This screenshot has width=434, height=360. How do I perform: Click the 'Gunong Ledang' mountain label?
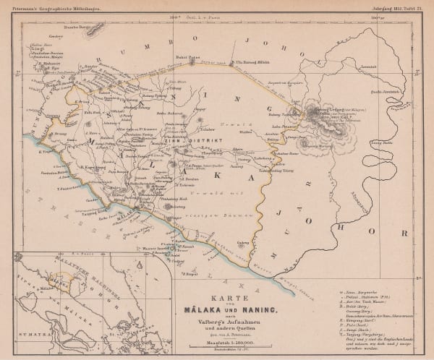[x=325, y=109]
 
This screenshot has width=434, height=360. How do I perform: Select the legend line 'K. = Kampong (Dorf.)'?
[x=359, y=315]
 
